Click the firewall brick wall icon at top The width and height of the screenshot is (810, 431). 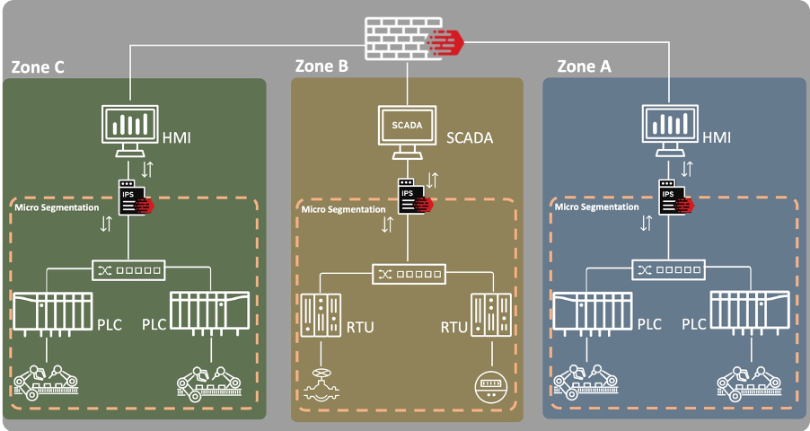(x=409, y=40)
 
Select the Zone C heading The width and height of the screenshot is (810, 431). (x=38, y=67)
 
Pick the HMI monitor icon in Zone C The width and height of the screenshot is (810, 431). (x=131, y=128)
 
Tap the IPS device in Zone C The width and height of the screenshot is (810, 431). (x=131, y=197)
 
